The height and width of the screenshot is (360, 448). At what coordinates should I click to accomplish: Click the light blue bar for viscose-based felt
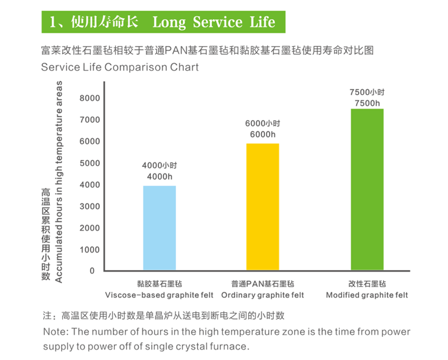[x=160, y=228]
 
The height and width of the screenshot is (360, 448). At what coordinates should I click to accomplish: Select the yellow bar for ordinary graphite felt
[x=263, y=207]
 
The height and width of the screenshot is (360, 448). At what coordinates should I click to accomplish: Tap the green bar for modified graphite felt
[x=367, y=189]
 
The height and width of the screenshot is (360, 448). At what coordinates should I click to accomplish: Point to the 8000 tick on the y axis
[x=90, y=98]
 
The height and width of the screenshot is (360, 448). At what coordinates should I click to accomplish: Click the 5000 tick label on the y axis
[x=90, y=163]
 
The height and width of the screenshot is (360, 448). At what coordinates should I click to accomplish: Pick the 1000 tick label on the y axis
[x=90, y=250]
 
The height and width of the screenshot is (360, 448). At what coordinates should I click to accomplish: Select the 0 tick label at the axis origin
[x=92, y=270]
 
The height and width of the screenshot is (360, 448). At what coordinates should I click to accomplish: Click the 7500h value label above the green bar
[x=367, y=103]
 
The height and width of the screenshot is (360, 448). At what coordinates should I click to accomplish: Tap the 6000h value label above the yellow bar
[x=263, y=134]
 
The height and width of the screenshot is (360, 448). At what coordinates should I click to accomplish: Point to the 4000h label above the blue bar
[x=160, y=176]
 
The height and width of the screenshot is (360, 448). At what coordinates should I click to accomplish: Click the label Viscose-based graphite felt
[x=159, y=295]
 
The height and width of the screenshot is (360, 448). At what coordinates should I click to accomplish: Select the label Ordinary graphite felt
[x=263, y=295]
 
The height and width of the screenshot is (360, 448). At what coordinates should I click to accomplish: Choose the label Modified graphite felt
[x=367, y=295]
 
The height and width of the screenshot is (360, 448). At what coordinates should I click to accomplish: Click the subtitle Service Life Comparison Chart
[x=120, y=67]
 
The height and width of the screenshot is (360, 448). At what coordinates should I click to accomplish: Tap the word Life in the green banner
[x=263, y=22]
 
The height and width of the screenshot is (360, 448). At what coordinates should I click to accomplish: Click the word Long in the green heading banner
[x=169, y=22]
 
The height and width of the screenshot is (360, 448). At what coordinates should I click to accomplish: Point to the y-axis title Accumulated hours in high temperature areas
[x=58, y=182]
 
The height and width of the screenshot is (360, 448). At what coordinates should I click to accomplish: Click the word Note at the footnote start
[x=55, y=331]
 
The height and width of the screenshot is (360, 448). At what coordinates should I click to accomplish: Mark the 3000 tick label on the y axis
[x=90, y=206]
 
